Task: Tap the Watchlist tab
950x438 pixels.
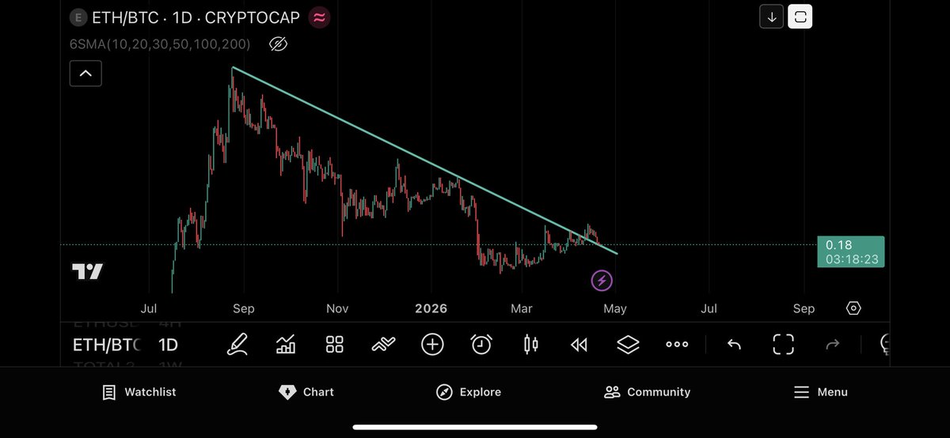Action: pyautogui.click(x=139, y=392)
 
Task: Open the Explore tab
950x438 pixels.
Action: pyautogui.click(x=469, y=392)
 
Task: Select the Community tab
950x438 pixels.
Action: pyautogui.click(x=647, y=392)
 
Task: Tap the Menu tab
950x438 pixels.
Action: pyautogui.click(x=820, y=392)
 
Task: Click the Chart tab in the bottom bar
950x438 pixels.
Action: pyautogui.click(x=306, y=392)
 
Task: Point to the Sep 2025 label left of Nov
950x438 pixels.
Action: pyautogui.click(x=244, y=308)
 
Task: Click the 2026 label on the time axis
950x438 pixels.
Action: pyautogui.click(x=431, y=308)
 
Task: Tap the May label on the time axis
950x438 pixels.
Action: pyautogui.click(x=615, y=308)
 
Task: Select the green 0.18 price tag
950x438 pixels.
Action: pyautogui.click(x=850, y=251)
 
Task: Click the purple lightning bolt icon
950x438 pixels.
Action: pyautogui.click(x=602, y=280)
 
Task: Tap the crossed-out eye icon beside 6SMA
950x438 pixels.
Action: pyautogui.click(x=277, y=44)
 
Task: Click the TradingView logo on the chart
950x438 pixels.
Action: pyautogui.click(x=87, y=271)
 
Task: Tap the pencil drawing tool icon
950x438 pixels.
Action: pyautogui.click(x=237, y=344)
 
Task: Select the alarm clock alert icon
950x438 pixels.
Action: pyautogui.click(x=481, y=344)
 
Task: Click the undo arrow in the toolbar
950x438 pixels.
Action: pyautogui.click(x=734, y=344)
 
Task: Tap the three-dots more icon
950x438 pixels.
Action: pyautogui.click(x=677, y=344)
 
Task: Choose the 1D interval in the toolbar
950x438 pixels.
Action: pyautogui.click(x=168, y=345)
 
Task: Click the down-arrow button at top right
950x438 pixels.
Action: pyautogui.click(x=771, y=17)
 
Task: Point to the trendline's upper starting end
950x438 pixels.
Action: pyautogui.click(x=232, y=68)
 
